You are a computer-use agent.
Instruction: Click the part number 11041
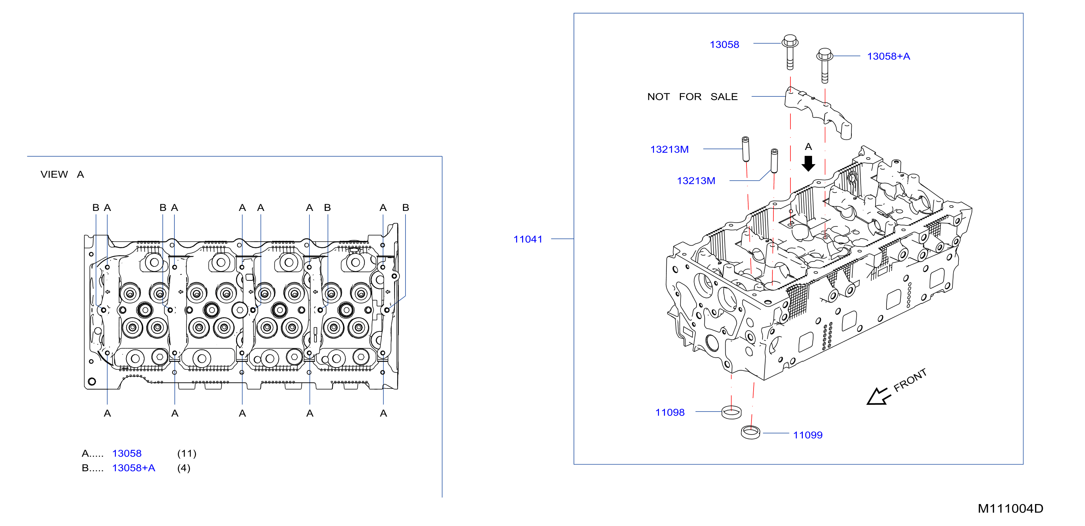(x=527, y=239)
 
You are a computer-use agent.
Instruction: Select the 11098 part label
(x=670, y=412)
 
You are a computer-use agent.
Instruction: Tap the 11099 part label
(x=807, y=435)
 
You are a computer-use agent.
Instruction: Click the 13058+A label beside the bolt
(x=888, y=56)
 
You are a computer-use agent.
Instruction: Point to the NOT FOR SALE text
(x=693, y=96)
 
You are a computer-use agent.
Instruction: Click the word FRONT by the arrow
(x=910, y=380)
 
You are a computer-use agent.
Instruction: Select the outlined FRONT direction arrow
(x=878, y=396)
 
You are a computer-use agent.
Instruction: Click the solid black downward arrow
(x=808, y=163)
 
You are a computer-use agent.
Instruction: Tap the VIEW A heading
(x=62, y=174)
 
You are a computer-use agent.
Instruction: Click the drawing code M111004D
(x=1010, y=508)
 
